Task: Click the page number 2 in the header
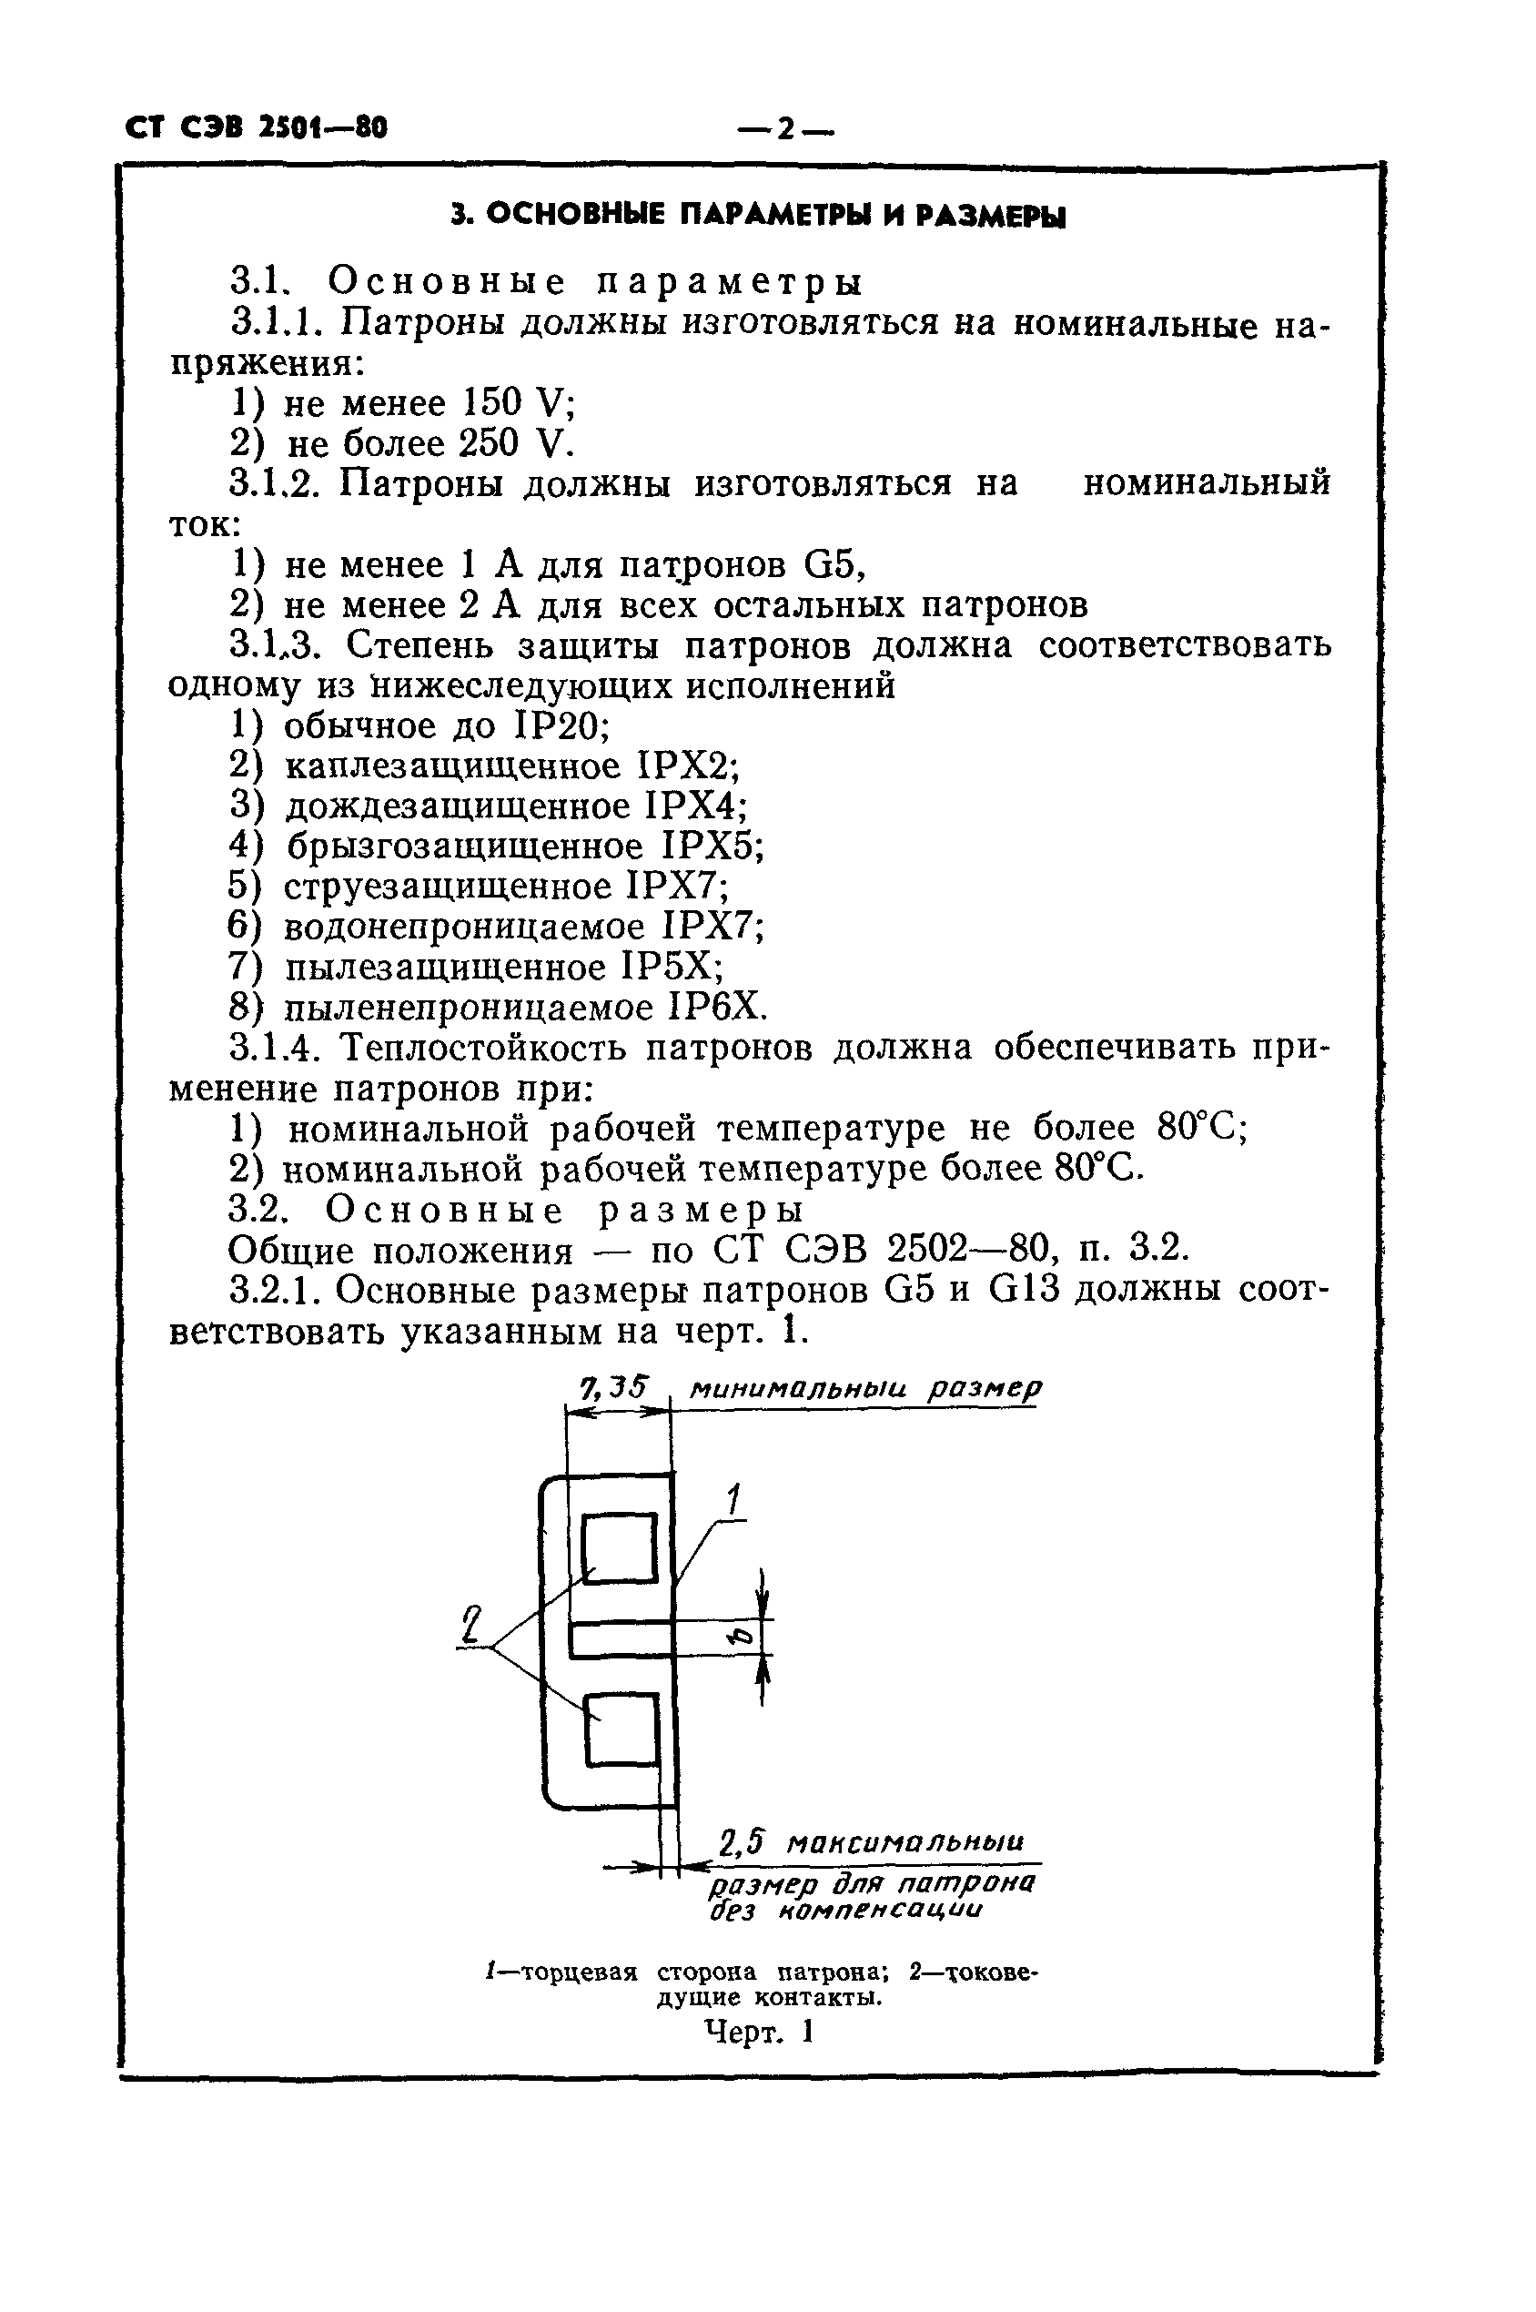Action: point(783,128)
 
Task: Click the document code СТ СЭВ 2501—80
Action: point(257,127)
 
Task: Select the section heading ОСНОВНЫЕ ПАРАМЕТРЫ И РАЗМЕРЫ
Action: point(757,215)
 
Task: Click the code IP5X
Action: point(672,968)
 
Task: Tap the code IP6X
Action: point(716,1008)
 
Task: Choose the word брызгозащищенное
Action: point(465,847)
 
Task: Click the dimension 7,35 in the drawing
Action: point(613,1387)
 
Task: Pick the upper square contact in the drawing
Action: point(619,1546)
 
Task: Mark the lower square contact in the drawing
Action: point(621,1729)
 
